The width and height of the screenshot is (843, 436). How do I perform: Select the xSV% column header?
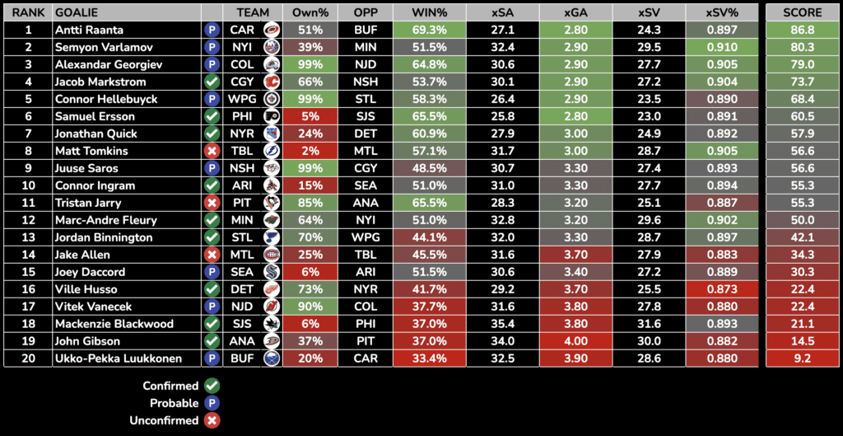[x=720, y=12]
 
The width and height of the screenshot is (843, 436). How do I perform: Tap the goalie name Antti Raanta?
[x=89, y=30]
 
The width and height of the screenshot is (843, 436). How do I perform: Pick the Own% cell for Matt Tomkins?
[x=310, y=151]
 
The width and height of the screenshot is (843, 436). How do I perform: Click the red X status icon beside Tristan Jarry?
[x=212, y=203]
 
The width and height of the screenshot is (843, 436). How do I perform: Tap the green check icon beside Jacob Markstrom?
[x=212, y=82]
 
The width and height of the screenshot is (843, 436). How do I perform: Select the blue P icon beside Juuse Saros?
[x=212, y=168]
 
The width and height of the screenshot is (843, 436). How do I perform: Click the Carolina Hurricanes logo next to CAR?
[x=271, y=30]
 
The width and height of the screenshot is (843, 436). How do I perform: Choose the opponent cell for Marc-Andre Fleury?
[x=365, y=220]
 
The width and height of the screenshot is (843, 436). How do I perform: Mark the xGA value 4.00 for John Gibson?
[x=575, y=341]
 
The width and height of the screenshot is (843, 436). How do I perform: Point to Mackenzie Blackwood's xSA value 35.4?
[x=502, y=324]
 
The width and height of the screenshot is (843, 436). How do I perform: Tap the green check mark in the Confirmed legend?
[x=212, y=385]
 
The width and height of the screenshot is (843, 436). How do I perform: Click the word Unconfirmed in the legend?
[x=170, y=420]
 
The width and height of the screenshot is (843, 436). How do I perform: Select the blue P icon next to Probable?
[x=212, y=403]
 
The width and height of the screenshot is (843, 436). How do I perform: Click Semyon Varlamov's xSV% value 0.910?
[x=720, y=47]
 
